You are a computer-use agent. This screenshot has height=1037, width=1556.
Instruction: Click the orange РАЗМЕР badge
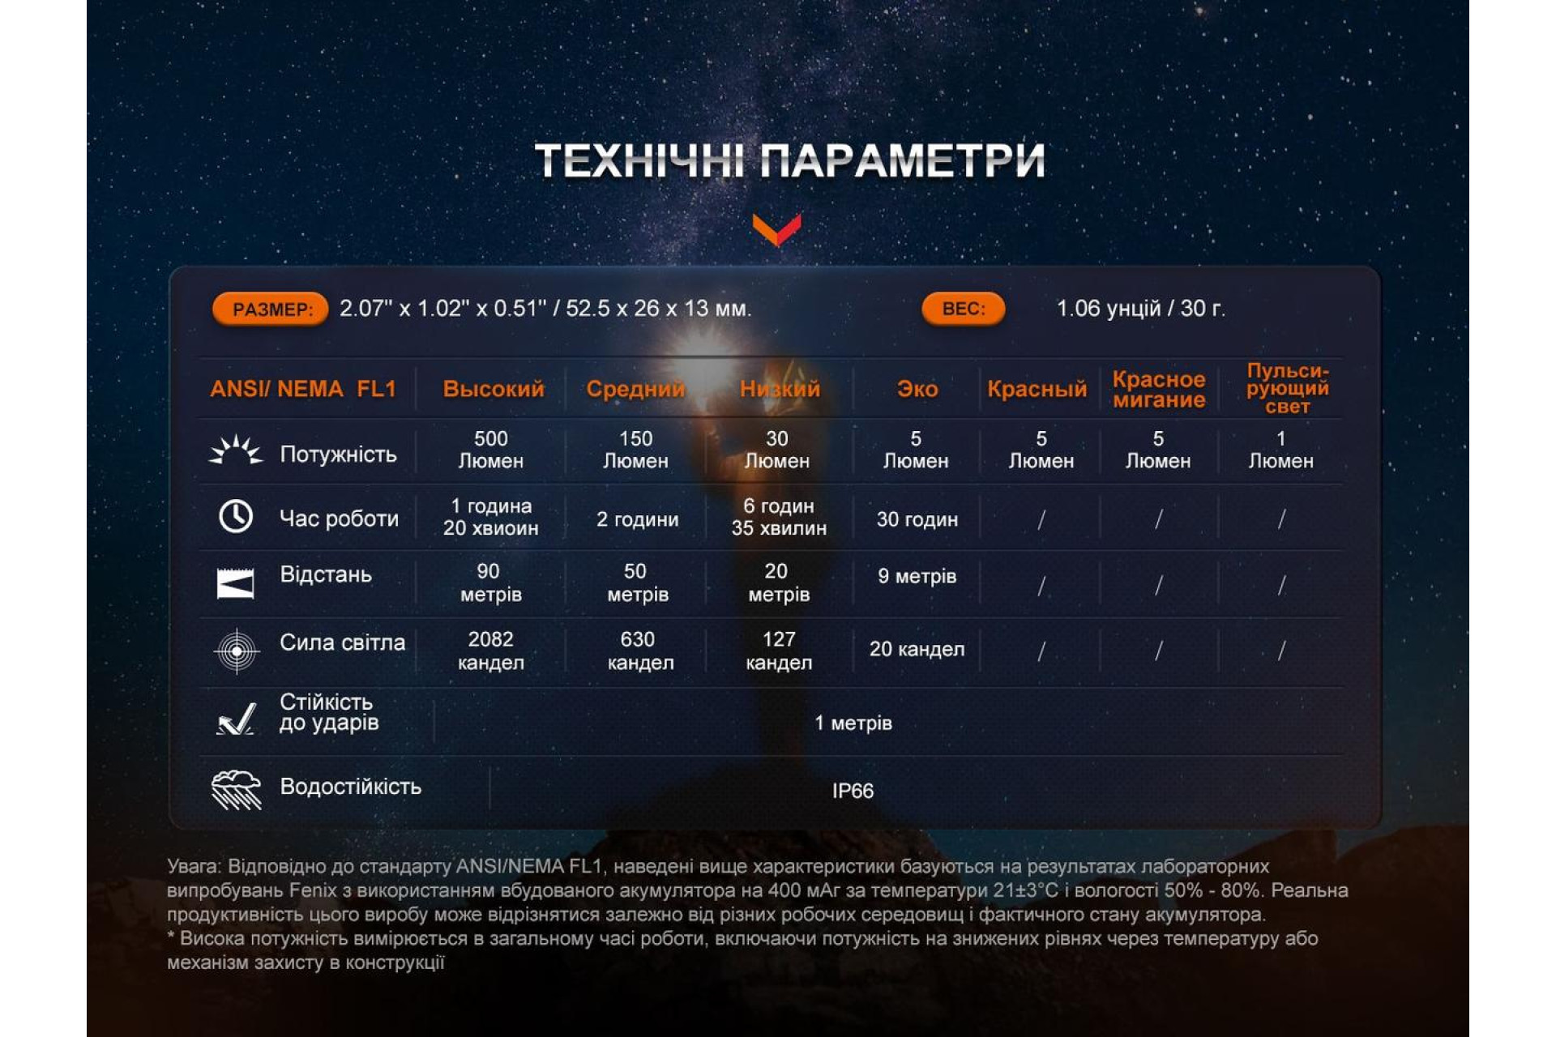click(x=270, y=309)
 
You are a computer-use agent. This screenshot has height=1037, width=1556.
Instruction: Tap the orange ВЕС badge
click(x=963, y=308)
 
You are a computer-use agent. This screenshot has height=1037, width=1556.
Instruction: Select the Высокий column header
click(x=494, y=389)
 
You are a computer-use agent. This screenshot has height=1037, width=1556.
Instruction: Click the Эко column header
click(x=917, y=389)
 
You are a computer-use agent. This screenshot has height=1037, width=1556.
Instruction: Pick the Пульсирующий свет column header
click(x=1287, y=388)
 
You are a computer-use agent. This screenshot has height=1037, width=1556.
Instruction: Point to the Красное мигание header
click(x=1159, y=389)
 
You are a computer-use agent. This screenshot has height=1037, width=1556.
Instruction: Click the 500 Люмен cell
click(x=491, y=450)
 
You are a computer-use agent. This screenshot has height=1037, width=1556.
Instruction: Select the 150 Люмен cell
click(x=636, y=450)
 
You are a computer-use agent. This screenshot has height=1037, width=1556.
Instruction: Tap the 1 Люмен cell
click(x=1280, y=450)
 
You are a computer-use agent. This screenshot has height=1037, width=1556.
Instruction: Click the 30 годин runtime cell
click(x=917, y=519)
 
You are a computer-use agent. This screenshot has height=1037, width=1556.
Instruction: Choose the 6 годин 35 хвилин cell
click(x=779, y=517)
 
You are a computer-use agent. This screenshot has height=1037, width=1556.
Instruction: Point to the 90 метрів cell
click(x=490, y=583)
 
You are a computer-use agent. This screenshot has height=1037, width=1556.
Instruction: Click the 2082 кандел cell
click(x=491, y=651)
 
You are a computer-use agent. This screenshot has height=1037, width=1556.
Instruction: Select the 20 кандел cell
click(x=917, y=649)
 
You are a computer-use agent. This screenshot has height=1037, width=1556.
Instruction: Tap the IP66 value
click(x=853, y=791)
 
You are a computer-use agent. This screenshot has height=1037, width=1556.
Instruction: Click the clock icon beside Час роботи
click(x=236, y=516)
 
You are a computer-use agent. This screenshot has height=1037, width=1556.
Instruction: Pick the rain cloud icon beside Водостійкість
click(x=236, y=789)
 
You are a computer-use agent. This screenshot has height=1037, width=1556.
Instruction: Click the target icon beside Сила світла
click(x=237, y=651)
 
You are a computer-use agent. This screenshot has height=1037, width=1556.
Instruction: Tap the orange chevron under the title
click(x=776, y=229)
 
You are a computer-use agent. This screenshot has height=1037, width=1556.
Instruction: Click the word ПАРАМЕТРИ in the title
click(x=902, y=160)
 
